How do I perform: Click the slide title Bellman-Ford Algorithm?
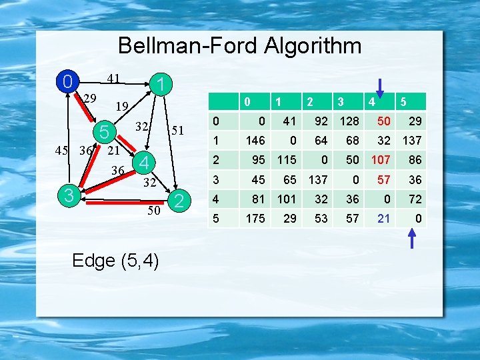tap(239, 45)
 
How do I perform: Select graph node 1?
tap(159, 85)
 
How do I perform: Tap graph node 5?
tap(103, 131)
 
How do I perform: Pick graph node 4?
tap(143, 162)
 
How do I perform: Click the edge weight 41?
tap(113, 79)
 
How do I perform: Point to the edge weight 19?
tap(121, 106)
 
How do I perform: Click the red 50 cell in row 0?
tap(382, 121)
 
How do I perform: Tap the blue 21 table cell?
tap(383, 218)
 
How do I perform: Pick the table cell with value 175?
tap(255, 218)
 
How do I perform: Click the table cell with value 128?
tap(349, 121)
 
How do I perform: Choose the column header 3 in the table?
tap(340, 102)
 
